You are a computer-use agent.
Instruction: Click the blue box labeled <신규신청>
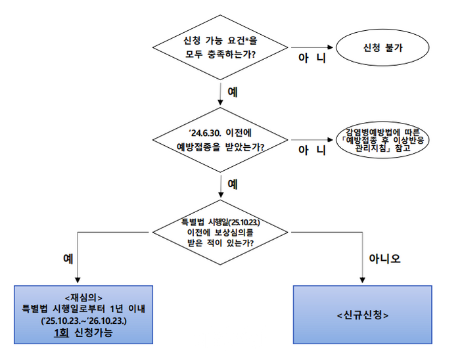(x=362, y=315)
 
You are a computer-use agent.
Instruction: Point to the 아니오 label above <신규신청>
(x=385, y=258)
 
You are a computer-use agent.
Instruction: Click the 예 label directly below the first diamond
(x=232, y=92)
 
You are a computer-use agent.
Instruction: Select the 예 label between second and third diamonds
(x=232, y=184)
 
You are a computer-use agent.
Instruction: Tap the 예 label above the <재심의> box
(x=67, y=258)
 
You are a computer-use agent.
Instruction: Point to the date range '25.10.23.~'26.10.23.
(x=83, y=321)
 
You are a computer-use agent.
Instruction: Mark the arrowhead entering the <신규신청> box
(x=362, y=282)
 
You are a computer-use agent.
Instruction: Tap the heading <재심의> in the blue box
(x=83, y=296)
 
